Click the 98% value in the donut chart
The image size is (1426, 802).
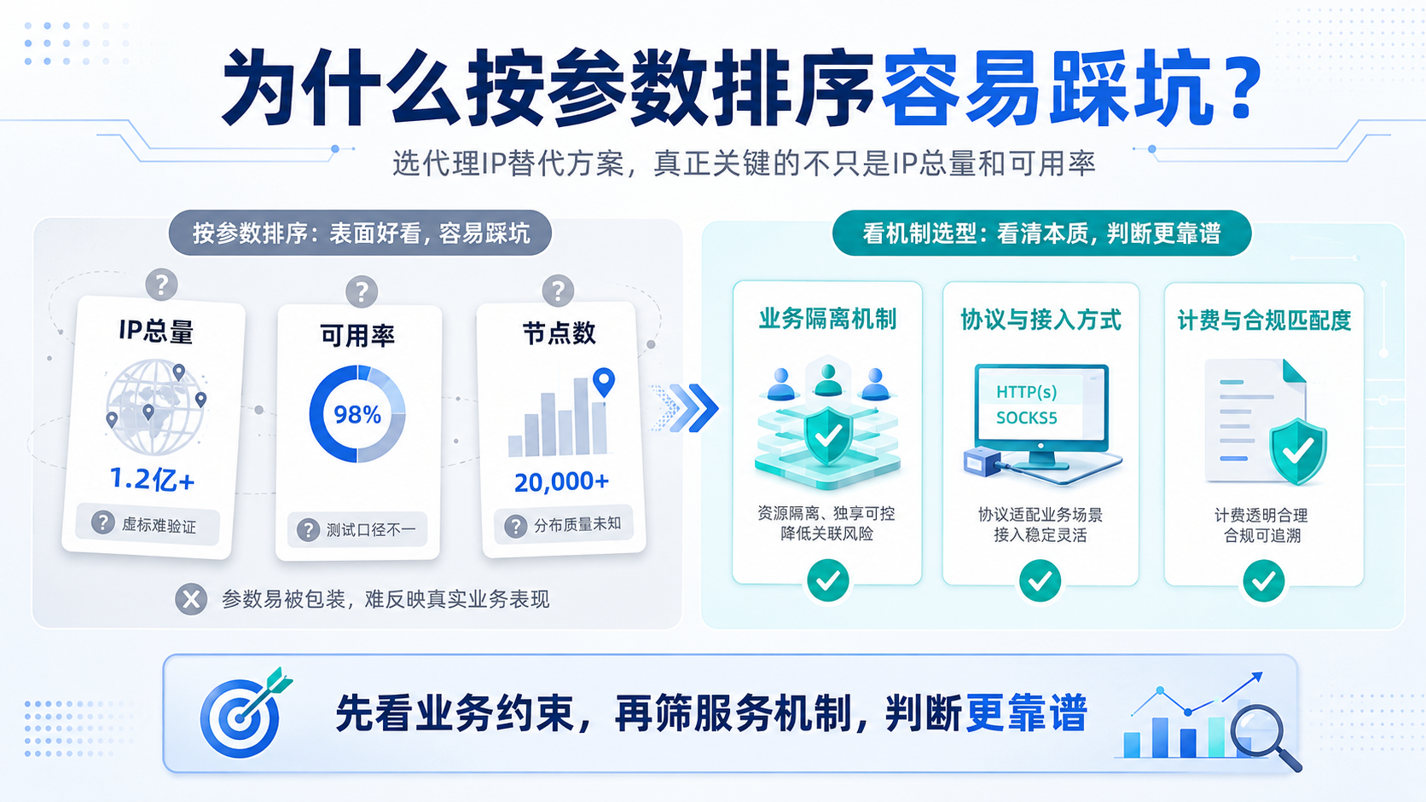[x=357, y=415]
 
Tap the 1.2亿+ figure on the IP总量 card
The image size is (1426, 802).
[x=152, y=479]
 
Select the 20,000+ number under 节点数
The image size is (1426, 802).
[x=561, y=482]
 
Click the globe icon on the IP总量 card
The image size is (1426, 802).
[x=156, y=407]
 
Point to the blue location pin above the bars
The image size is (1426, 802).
[x=604, y=382]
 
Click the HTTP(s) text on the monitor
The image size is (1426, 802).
[x=1026, y=392]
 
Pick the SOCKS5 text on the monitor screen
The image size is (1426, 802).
[x=1026, y=418]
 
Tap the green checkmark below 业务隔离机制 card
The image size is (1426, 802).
[x=827, y=580]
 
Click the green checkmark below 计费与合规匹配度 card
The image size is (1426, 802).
[x=1264, y=580]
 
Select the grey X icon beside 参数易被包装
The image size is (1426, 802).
[x=191, y=599]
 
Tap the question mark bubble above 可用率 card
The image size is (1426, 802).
[x=362, y=292]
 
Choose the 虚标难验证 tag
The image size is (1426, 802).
[x=148, y=524]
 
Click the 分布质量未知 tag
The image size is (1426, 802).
[x=564, y=525]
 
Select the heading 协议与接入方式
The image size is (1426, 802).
[x=1041, y=320]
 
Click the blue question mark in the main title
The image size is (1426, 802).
[x=1243, y=87]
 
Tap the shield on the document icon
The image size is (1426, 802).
[x=1298, y=452]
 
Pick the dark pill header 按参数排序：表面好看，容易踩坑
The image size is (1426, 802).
[x=360, y=233]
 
